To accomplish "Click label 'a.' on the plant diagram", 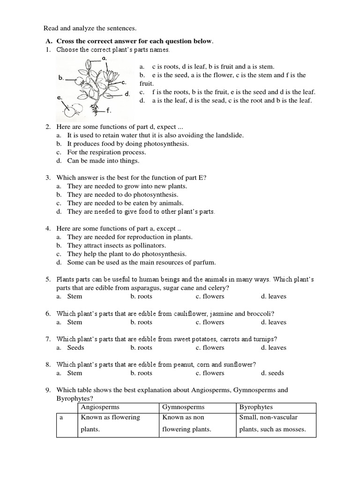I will [x=105, y=59].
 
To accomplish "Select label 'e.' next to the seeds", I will [x=60, y=98].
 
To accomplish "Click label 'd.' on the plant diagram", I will [x=127, y=94].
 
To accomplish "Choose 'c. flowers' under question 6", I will [x=210, y=322].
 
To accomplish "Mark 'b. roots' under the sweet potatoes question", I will [x=142, y=347].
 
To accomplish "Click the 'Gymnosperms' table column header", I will [x=183, y=407].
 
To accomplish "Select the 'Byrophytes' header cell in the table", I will [x=256, y=407].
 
